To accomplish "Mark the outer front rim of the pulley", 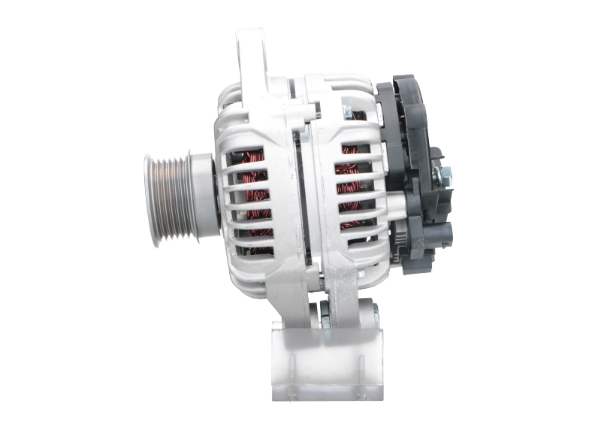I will [149, 197].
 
